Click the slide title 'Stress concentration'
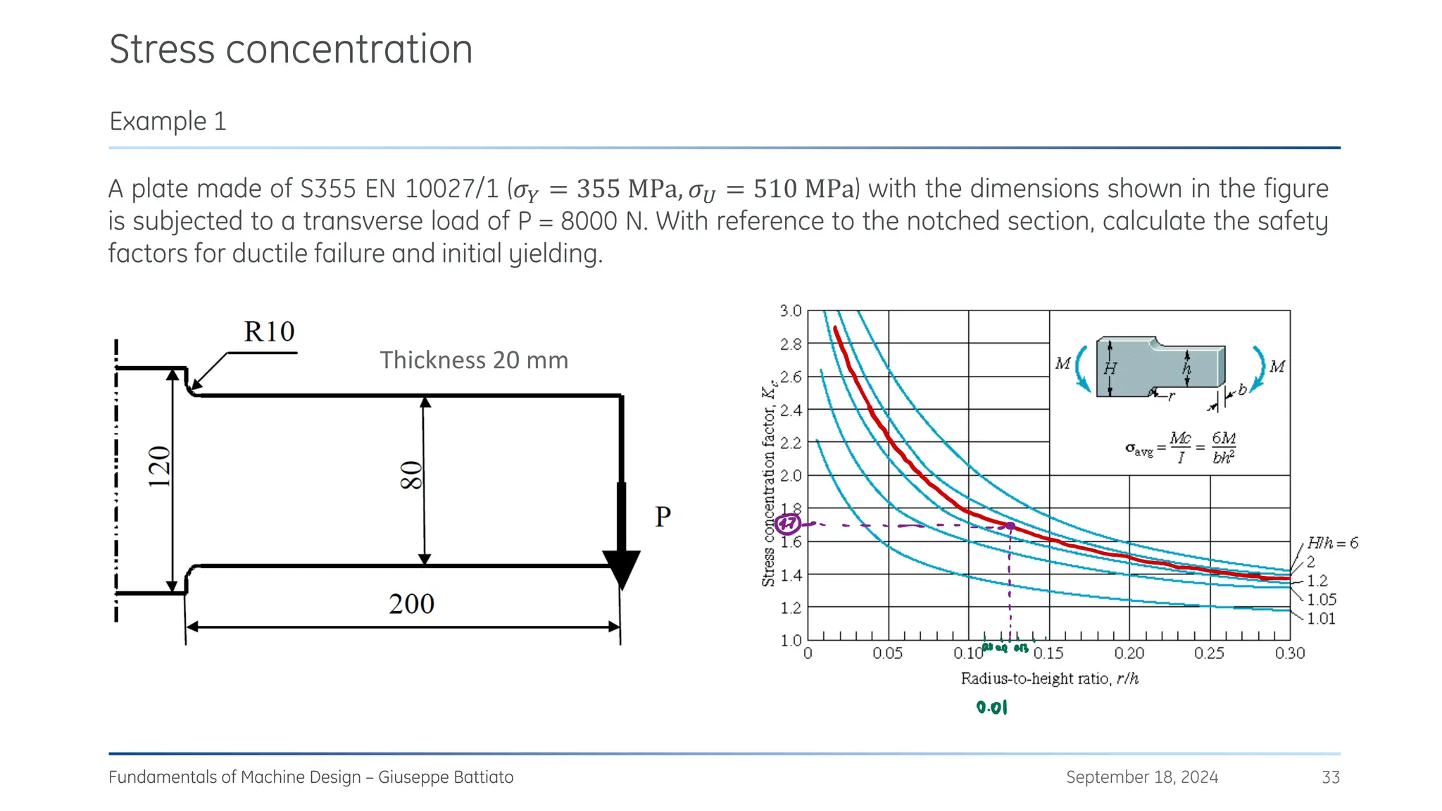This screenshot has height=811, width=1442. (x=291, y=49)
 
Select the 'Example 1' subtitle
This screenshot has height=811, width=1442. (x=168, y=121)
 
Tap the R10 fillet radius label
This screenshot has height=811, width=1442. (x=269, y=332)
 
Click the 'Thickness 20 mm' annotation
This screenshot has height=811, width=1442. (x=474, y=360)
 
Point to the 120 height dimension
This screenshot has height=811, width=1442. (x=160, y=466)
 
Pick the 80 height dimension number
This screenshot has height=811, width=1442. (x=411, y=475)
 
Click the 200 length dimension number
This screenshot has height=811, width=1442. (x=411, y=604)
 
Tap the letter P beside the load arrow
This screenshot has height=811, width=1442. (x=663, y=517)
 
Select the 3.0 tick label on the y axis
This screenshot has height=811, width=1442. (x=791, y=311)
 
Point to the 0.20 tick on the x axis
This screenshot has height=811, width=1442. (x=1129, y=653)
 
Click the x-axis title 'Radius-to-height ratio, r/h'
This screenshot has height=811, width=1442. (x=1049, y=679)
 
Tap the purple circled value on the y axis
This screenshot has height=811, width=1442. (x=787, y=524)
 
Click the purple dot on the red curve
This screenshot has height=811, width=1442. (x=1010, y=526)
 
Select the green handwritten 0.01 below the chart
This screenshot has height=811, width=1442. (x=992, y=708)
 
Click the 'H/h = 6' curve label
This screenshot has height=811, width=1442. (x=1332, y=543)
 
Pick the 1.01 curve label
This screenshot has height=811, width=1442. (x=1321, y=619)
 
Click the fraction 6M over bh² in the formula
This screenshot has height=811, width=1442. (x=1224, y=448)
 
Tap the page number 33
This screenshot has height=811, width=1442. (x=1330, y=777)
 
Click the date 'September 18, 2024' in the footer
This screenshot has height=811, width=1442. (x=1141, y=777)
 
